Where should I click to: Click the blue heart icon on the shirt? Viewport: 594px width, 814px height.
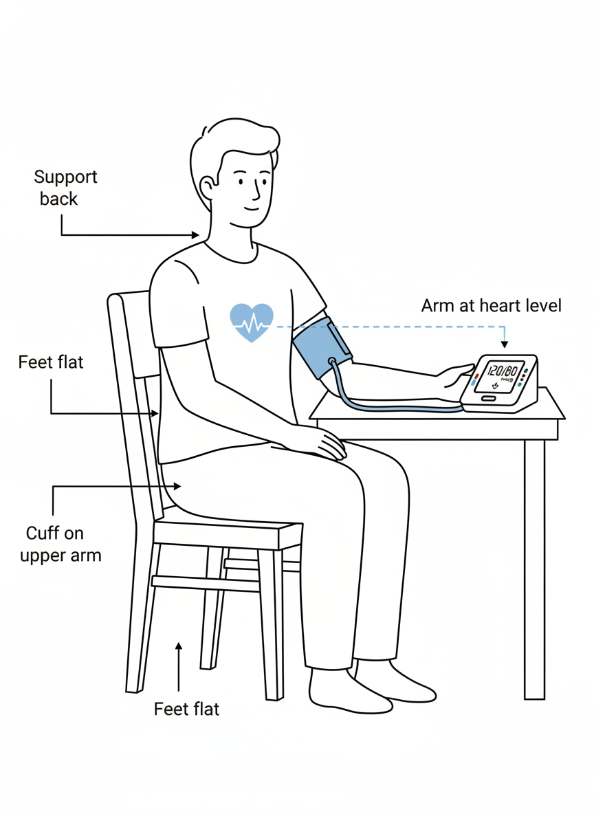coord(251,322)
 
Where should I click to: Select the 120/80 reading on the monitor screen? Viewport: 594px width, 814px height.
coord(501,372)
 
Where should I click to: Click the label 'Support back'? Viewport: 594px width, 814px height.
coord(65,188)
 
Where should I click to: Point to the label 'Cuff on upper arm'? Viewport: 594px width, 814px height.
coord(60,544)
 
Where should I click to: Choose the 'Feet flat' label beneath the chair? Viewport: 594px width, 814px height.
coord(186,708)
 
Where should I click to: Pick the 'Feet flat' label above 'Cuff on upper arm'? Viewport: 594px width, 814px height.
coord(51,362)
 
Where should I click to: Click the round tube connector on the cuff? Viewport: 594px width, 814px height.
coord(332,361)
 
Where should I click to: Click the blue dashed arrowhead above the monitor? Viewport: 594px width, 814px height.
coord(504,344)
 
